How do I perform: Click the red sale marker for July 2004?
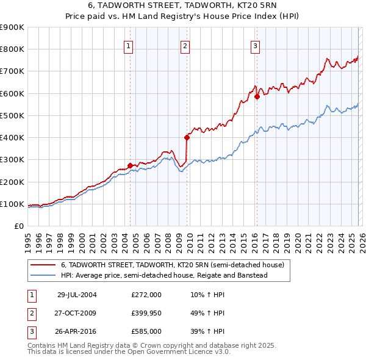click(131, 165)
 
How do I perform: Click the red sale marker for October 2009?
click(187, 137)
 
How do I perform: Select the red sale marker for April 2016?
click(257, 96)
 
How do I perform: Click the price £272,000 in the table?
click(146, 294)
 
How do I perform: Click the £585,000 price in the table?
click(146, 332)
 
